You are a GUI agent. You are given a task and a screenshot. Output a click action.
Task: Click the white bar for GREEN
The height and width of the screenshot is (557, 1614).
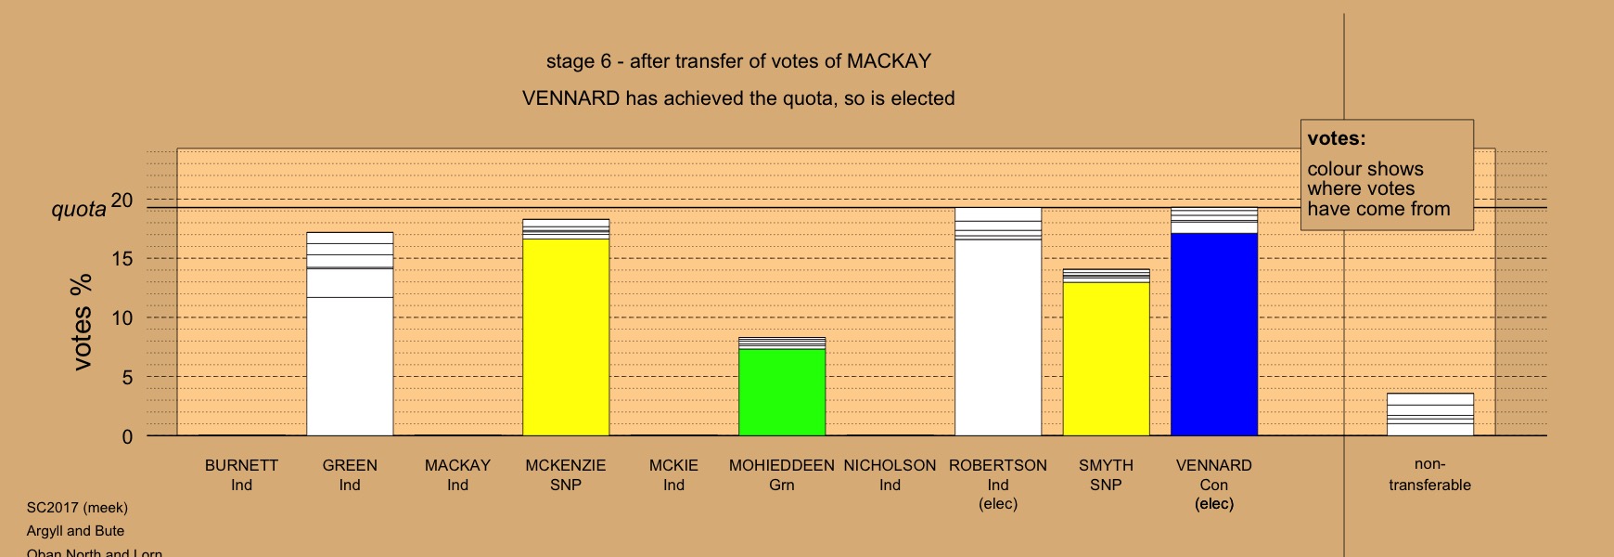(x=350, y=334)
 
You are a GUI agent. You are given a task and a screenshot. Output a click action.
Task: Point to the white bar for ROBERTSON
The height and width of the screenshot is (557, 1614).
(x=998, y=322)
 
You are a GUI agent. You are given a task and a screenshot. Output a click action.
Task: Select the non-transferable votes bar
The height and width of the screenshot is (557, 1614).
(x=1430, y=415)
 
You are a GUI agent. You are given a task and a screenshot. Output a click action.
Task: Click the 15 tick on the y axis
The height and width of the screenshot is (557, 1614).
(x=122, y=259)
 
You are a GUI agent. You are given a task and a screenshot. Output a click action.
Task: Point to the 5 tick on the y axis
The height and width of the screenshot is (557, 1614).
(x=128, y=378)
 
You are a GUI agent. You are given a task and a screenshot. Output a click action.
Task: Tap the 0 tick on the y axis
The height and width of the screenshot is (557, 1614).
(x=128, y=437)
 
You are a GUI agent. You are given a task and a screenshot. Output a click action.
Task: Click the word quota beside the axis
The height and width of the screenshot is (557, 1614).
(x=79, y=210)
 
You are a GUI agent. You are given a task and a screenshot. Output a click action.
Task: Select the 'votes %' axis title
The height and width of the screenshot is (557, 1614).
(x=82, y=322)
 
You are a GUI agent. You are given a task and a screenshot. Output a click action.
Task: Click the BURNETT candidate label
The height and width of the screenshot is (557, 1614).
(x=241, y=465)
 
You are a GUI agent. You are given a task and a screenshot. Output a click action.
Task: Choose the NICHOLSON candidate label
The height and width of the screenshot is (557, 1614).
(x=890, y=465)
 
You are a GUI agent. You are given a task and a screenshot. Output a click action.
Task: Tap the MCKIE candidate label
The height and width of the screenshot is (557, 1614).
(x=673, y=465)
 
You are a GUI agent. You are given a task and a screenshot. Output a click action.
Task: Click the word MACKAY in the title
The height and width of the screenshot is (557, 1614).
(x=889, y=61)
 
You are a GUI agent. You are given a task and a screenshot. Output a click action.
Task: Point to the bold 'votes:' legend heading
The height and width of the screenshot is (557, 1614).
(x=1337, y=139)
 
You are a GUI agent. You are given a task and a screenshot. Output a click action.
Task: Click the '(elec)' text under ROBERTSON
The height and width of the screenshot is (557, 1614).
(x=998, y=504)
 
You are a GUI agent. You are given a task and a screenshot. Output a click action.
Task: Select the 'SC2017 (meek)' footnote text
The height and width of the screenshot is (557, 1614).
(x=77, y=508)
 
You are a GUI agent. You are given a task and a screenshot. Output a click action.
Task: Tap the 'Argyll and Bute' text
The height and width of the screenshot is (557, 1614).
(x=75, y=531)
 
